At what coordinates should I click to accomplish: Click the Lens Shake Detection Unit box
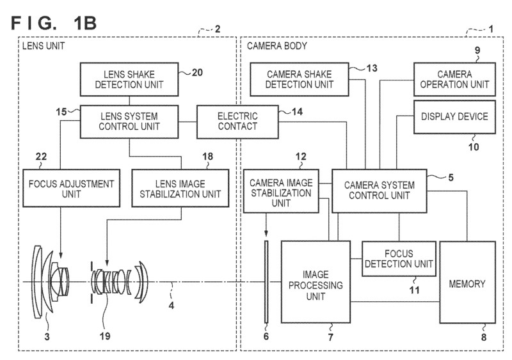click(x=129, y=79)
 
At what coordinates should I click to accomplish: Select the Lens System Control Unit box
click(x=129, y=121)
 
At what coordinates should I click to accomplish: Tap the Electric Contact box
click(x=237, y=121)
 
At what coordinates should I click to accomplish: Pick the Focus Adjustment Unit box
click(x=71, y=189)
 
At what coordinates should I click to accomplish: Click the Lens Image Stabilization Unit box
click(x=180, y=189)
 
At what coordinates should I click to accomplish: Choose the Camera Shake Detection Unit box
click(x=300, y=79)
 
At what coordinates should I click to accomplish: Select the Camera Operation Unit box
click(x=454, y=79)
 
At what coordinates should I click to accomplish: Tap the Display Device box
click(x=454, y=117)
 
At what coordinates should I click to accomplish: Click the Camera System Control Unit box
click(x=380, y=191)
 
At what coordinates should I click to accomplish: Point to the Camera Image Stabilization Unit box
click(x=281, y=191)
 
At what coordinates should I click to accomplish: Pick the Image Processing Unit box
click(x=316, y=282)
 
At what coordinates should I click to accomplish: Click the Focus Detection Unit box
click(x=399, y=259)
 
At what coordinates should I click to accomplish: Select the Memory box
click(x=467, y=282)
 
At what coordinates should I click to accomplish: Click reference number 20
click(x=197, y=72)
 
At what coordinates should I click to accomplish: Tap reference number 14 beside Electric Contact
click(x=297, y=112)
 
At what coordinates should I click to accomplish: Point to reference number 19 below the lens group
click(x=105, y=336)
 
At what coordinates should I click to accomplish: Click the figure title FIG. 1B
click(x=54, y=23)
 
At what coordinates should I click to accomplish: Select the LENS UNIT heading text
click(x=44, y=46)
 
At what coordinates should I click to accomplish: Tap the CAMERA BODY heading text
click(x=277, y=46)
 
